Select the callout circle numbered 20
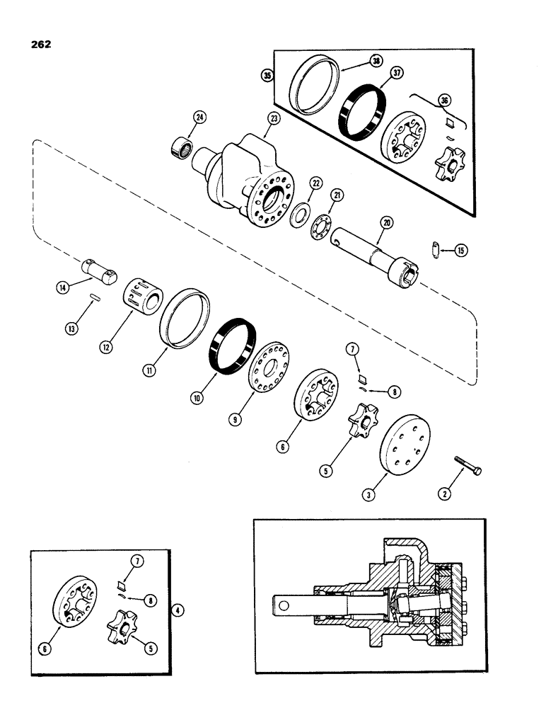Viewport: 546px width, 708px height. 386,222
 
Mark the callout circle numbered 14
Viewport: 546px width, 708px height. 62,287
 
